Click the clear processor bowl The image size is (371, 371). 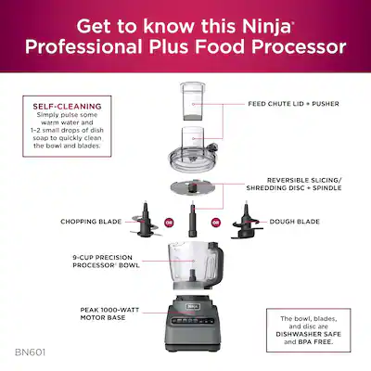[190, 263]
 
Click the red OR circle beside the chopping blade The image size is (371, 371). [168, 223]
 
